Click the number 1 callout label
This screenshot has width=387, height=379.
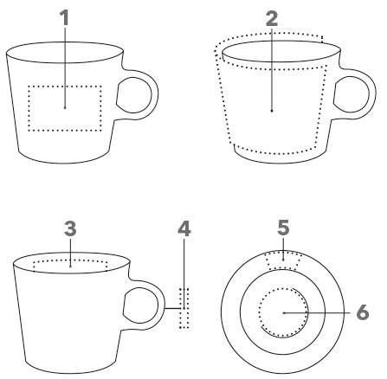pos(65,17)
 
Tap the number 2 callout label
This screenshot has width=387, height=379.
pos(272,19)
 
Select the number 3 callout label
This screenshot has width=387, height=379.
pos(70,228)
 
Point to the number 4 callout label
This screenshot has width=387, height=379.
pos(184,228)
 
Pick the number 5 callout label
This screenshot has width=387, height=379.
pos(283,228)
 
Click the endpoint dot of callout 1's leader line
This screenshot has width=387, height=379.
pos(65,107)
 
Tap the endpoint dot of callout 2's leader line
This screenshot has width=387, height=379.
pos(272,111)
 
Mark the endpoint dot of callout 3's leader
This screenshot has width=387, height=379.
pos(70,267)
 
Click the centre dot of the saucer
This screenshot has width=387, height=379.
pos(284,312)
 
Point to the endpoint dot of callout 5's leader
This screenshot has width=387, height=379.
pos(283,260)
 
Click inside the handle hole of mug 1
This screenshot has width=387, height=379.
pos(134,95)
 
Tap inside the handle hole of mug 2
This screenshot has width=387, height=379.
pos(352,94)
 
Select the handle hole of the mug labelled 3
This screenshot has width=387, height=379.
pos(141,305)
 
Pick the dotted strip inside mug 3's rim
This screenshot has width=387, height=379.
pos(70,260)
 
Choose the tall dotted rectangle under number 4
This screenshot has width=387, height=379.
pos(180,308)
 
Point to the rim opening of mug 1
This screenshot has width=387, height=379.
pos(65,42)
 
